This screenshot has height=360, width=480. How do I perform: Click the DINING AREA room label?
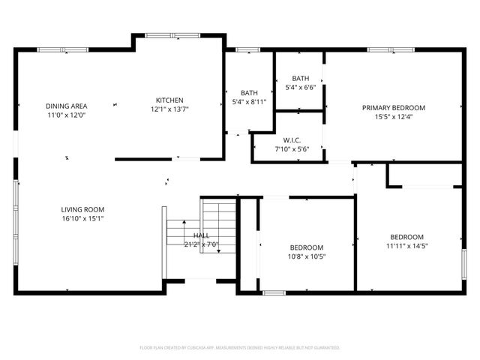click(x=67, y=106)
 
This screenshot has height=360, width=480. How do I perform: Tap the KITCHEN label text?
click(x=169, y=100)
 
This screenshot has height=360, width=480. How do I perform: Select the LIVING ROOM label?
click(x=82, y=209)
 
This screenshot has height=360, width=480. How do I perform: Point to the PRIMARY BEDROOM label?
click(x=394, y=107)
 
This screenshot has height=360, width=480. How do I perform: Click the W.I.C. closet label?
click(x=292, y=139)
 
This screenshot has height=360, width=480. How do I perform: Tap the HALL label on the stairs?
click(x=201, y=235)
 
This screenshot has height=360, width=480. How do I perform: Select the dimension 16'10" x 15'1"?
click(x=82, y=219)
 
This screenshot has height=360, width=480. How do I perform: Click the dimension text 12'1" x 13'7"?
click(x=169, y=109)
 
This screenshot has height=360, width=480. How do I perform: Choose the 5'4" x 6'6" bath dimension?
click(x=300, y=87)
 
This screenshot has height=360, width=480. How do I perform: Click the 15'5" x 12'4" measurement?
click(x=394, y=116)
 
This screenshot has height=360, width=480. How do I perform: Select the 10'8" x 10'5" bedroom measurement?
click(x=307, y=256)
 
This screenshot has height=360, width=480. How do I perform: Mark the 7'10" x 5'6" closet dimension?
click(x=292, y=148)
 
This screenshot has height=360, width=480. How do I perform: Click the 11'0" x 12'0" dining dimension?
click(x=67, y=115)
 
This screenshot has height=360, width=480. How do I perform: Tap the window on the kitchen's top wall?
click(x=166, y=34)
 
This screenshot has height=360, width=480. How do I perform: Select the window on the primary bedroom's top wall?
click(x=390, y=50)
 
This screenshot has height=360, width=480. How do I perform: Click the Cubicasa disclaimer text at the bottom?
click(x=240, y=348)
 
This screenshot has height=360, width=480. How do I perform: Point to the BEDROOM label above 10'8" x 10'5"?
click(x=307, y=247)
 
